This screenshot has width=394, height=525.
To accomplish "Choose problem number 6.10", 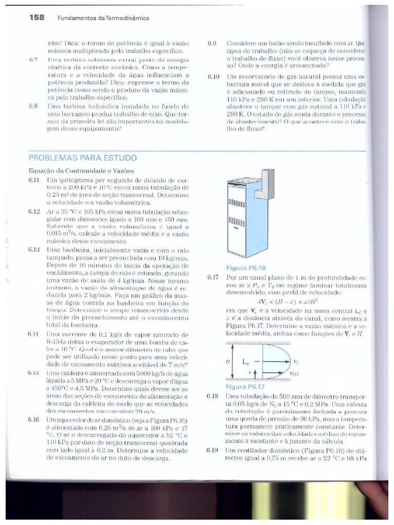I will [213, 76].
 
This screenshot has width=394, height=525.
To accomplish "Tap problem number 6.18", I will [213, 396].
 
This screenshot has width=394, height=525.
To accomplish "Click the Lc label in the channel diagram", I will [245, 361].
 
